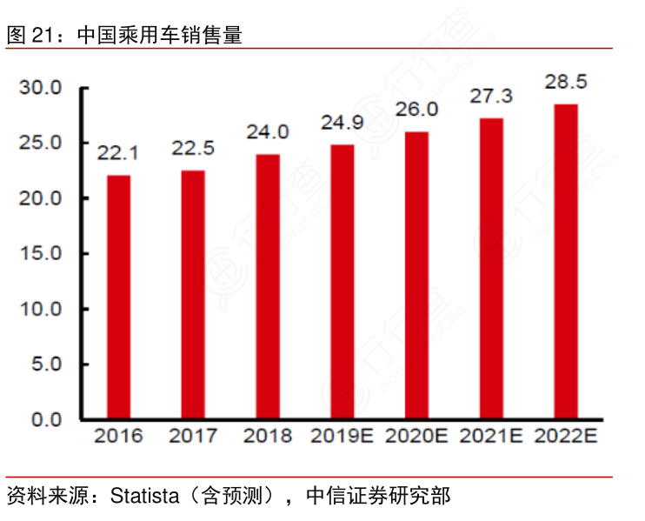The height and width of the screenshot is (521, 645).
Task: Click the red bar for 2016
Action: click(x=119, y=297)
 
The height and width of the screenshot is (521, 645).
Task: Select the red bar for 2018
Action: click(x=268, y=287)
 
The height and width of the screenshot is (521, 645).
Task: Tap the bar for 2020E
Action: click(x=416, y=276)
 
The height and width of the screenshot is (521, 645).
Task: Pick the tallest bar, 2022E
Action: click(x=566, y=262)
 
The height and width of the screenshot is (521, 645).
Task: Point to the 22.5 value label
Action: click(x=193, y=149)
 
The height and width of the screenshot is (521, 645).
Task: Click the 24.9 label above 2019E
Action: click(x=342, y=123)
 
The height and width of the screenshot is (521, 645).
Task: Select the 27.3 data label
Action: click(x=491, y=96)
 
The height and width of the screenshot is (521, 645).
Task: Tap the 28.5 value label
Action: click(x=566, y=82)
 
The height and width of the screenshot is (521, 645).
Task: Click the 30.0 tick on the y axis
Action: click(x=42, y=88)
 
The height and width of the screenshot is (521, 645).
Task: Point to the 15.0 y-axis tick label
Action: click(x=42, y=254)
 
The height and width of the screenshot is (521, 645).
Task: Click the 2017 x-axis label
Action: click(x=193, y=436)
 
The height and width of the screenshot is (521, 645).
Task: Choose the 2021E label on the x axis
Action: click(x=491, y=436)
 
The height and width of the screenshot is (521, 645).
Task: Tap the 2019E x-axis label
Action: click(x=342, y=436)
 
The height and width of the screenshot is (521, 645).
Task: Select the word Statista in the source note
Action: click(x=145, y=498)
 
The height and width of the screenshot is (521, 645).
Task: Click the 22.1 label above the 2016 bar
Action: click(x=119, y=154)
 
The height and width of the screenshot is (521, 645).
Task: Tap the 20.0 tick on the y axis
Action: click(x=42, y=198)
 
